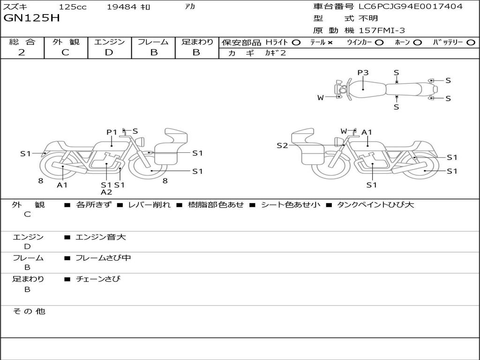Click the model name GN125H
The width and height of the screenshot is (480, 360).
(31, 18)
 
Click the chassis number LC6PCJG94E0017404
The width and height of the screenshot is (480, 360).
(411, 6)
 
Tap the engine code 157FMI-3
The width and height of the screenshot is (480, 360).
(382, 30)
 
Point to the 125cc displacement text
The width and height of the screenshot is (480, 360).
(73, 7)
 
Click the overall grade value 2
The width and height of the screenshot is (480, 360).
(22, 52)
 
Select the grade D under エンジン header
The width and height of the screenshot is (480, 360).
(109, 52)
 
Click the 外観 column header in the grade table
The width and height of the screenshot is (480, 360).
(66, 42)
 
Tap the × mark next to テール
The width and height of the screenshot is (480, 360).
(330, 42)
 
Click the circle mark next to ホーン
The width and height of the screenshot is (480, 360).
(418, 42)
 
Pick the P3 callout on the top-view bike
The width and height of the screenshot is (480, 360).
(363, 73)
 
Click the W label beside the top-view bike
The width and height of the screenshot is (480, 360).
(321, 97)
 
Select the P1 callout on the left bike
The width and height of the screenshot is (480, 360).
(111, 132)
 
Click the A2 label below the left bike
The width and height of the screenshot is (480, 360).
(106, 192)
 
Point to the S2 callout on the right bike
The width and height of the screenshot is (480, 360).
(282, 145)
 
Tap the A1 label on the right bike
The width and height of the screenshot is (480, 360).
(367, 132)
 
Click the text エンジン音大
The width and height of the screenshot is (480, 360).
(101, 237)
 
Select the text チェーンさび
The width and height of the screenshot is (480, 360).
(98, 279)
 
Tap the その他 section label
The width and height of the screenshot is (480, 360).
(29, 311)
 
